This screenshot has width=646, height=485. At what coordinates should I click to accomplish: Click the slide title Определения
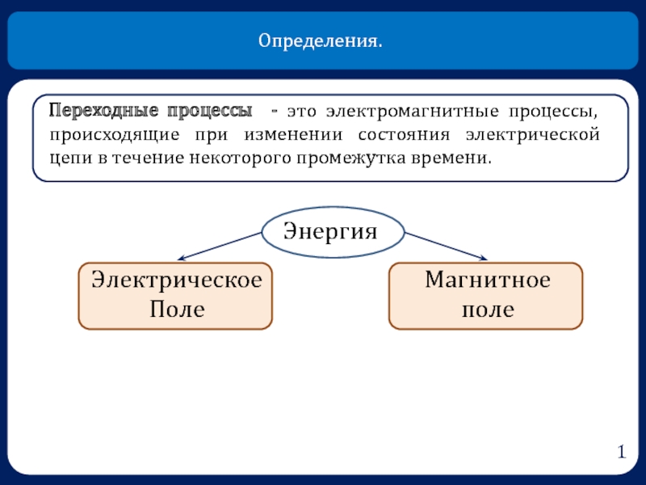coord(321,40)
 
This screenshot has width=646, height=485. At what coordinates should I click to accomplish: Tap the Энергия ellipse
coord(332,231)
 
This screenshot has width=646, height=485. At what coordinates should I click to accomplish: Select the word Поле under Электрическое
coord(175,309)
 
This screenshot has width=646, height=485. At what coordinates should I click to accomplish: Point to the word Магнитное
coord(487,281)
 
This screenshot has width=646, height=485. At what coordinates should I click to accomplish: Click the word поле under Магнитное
coord(487,309)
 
